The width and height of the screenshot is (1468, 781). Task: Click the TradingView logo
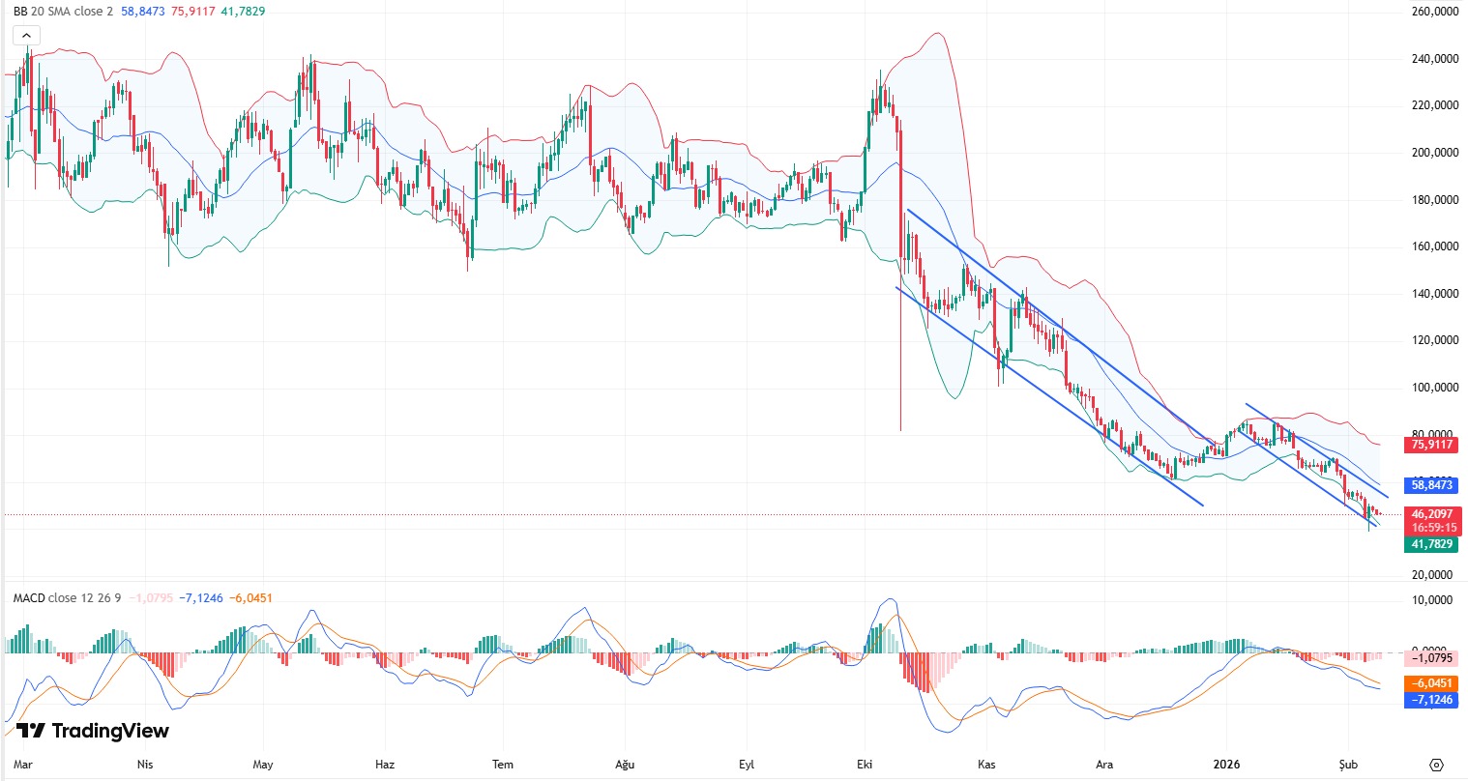click(x=93, y=731)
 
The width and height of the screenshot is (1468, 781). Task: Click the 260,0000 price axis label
click(x=1434, y=12)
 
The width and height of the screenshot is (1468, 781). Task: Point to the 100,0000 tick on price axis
click(x=1434, y=388)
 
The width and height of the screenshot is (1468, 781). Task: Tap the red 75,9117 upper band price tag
click(x=1431, y=445)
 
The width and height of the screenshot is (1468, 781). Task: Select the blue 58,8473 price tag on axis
click(x=1431, y=485)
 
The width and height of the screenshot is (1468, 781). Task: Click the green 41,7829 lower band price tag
click(x=1431, y=545)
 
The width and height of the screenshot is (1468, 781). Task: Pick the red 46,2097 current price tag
click(x=1431, y=514)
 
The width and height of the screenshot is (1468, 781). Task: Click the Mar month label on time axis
click(x=22, y=765)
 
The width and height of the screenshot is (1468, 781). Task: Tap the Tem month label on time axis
click(x=503, y=765)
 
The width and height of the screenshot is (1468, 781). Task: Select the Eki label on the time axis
click(x=865, y=765)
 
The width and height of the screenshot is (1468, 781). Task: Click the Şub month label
click(x=1348, y=765)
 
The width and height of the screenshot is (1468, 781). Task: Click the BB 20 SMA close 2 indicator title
click(x=63, y=12)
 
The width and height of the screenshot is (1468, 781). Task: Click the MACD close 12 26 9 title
click(x=67, y=598)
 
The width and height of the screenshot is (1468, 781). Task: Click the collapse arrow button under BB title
click(x=26, y=36)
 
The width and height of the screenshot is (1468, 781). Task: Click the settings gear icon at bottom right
click(x=1436, y=765)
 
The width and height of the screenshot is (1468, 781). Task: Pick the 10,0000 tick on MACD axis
click(x=1434, y=600)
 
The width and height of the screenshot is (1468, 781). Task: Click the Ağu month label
click(x=625, y=765)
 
